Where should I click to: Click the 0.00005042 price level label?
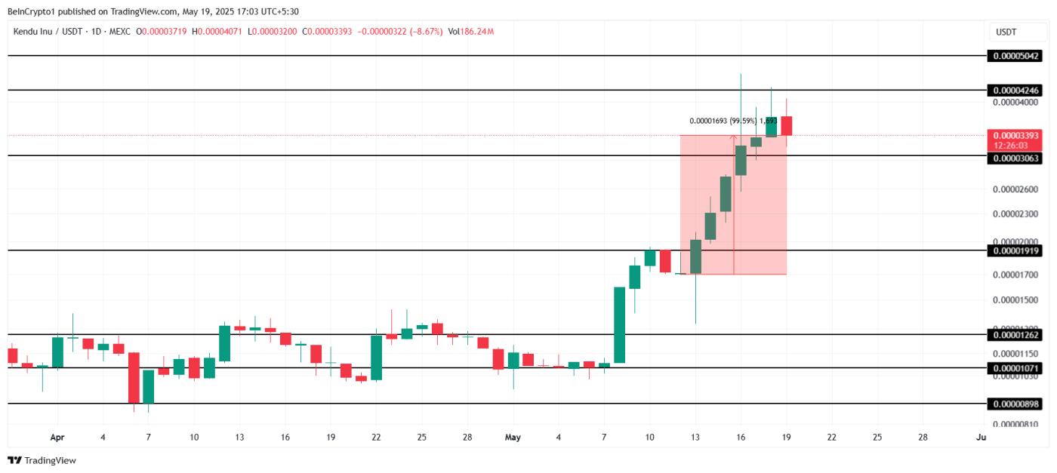(x=1016, y=56)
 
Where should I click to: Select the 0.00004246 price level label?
(x=1016, y=91)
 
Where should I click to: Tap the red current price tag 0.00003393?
(x=1016, y=136)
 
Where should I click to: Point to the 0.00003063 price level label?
(x=1016, y=158)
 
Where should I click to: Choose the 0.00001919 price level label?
(x=1016, y=250)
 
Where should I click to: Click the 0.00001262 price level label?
(x=1016, y=335)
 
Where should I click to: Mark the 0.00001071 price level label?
(x=1016, y=368)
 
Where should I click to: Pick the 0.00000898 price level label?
(x=1016, y=404)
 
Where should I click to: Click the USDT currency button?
(x=1006, y=32)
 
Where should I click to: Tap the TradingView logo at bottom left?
(x=42, y=460)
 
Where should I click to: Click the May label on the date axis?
(x=513, y=437)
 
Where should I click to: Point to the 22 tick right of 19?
(x=831, y=437)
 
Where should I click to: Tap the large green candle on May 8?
(x=619, y=324)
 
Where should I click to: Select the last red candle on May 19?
(x=786, y=126)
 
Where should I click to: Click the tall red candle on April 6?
(x=134, y=377)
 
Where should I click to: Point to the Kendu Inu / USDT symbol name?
(x=45, y=32)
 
